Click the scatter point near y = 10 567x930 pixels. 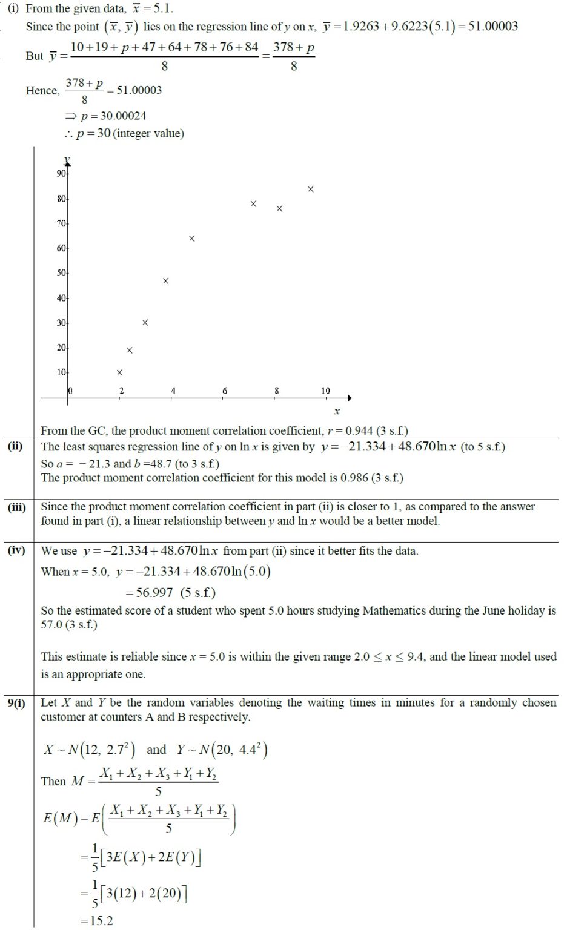(x=119, y=372)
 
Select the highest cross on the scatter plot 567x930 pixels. (x=311, y=190)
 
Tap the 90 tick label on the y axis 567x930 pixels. (x=61, y=174)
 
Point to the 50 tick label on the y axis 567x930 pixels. (x=61, y=273)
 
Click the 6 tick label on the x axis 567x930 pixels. (x=225, y=391)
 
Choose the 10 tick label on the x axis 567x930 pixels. (x=325, y=391)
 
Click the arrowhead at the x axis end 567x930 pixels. (x=349, y=398)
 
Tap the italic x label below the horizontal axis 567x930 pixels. (x=337, y=411)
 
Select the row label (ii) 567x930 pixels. (x=15, y=447)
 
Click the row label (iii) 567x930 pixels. (x=16, y=507)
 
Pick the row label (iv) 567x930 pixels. (x=16, y=550)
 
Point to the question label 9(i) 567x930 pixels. (x=16, y=703)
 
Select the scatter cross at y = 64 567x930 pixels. (x=192, y=239)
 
